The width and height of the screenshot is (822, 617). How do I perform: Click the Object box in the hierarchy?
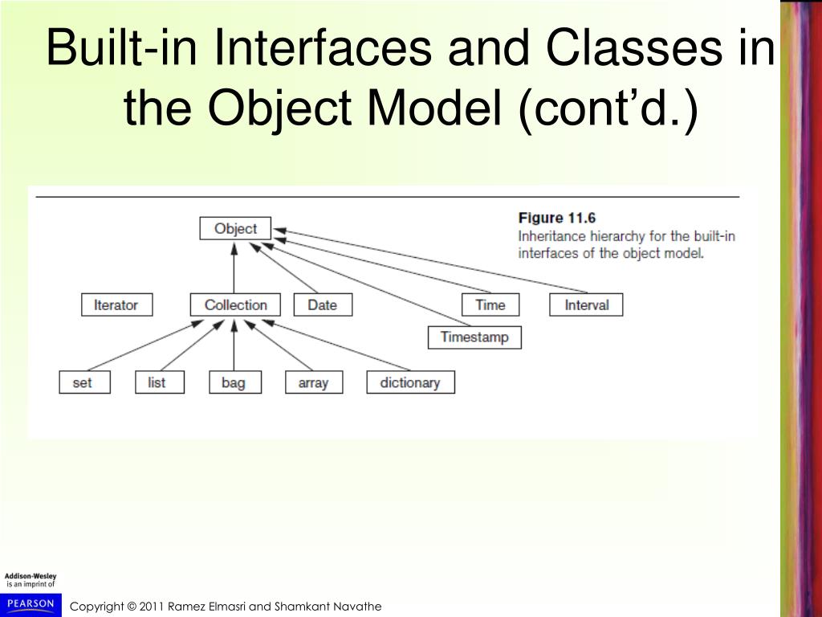235,229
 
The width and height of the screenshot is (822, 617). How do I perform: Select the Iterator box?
116,305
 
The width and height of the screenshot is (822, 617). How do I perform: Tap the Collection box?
235,305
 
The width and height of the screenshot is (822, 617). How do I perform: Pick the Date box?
322,305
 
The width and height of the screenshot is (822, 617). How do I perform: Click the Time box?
490,305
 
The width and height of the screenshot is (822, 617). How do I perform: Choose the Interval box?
586,305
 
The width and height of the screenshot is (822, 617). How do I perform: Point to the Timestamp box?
474,337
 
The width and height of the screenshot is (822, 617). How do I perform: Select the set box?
82,382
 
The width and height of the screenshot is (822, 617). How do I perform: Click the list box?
157,382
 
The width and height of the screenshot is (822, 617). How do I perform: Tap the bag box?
234,382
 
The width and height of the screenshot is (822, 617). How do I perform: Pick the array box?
313,382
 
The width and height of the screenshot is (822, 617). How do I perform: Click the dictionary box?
410,382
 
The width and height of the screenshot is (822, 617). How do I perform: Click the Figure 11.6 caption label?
557,218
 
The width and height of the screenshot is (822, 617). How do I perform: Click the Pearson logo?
31,603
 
